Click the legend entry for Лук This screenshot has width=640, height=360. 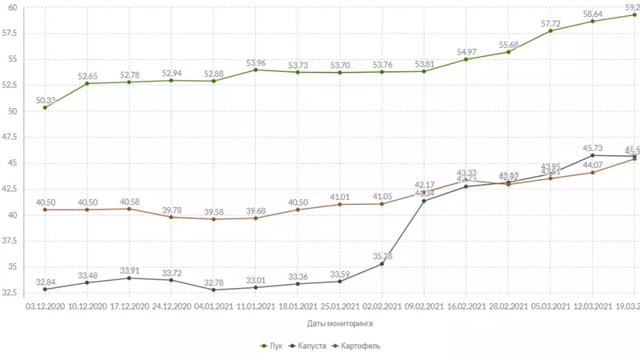click(273, 346)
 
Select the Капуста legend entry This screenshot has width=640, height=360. click(310, 346)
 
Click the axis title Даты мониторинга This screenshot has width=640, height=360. click(339, 324)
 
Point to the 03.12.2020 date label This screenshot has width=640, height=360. click(46, 306)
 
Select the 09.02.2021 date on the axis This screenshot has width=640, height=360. click(423, 306)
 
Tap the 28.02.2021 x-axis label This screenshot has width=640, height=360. click(507, 306)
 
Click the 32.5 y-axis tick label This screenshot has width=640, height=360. click(12, 293)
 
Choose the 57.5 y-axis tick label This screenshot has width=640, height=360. click(12, 33)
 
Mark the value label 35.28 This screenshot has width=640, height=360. click(382, 256)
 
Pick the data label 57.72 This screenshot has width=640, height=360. click(550, 22)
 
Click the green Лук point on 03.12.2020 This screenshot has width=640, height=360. click(46, 107)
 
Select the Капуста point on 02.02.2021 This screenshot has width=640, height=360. click(382, 264)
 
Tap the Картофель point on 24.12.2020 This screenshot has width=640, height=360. click(171, 217)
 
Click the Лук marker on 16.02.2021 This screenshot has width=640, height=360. click(466, 59)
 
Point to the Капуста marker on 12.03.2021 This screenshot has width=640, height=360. click(592, 155)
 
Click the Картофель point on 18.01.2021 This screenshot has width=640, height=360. click(298, 210)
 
